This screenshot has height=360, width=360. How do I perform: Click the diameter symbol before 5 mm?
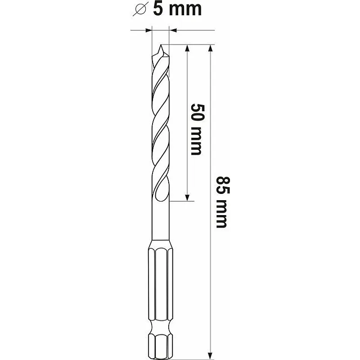139,9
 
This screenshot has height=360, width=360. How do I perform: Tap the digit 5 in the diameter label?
158,9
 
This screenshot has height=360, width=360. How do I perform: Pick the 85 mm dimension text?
222,202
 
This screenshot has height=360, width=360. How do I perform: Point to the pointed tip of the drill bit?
161,45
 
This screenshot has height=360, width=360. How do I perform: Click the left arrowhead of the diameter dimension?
149,30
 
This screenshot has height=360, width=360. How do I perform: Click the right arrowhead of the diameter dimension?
173,30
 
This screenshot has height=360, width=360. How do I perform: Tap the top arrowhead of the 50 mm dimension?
187,48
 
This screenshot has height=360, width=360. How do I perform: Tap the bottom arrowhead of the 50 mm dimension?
187,198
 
